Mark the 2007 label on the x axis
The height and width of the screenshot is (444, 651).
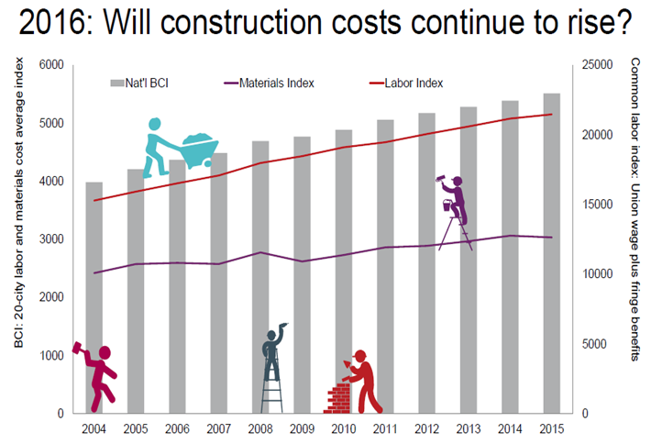tap(217, 428)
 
